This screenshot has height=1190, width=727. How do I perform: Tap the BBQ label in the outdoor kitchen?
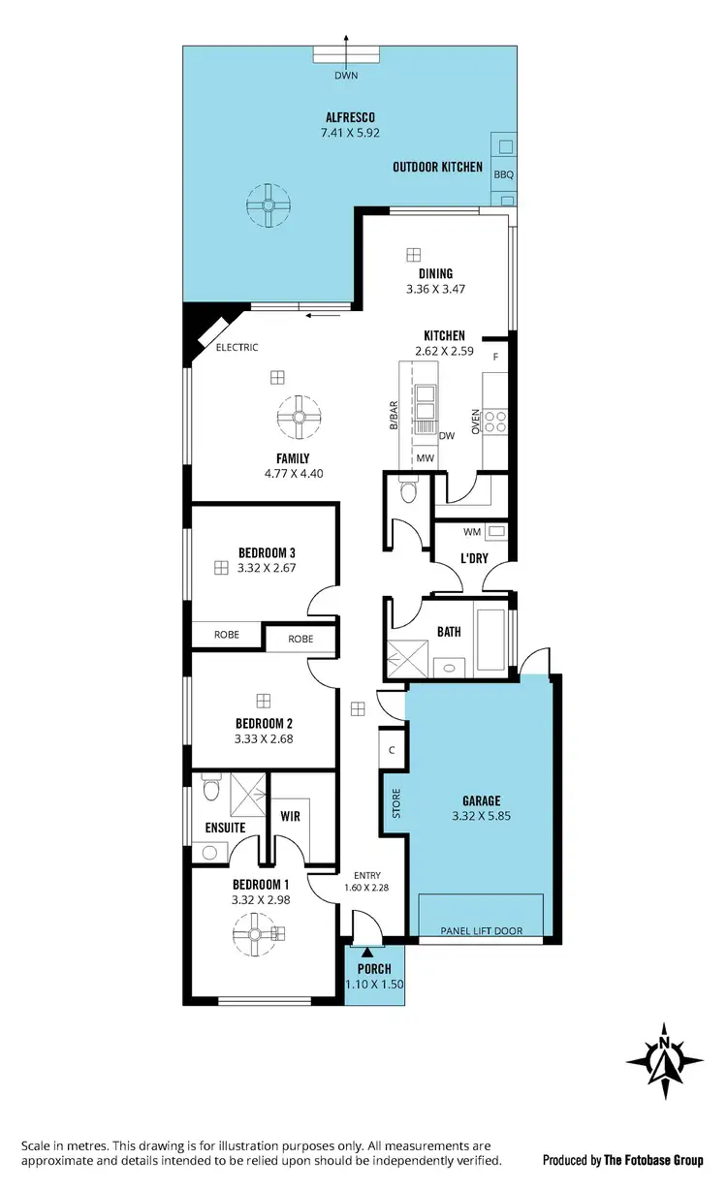tap(503, 175)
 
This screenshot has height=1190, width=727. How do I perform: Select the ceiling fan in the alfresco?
tap(268, 205)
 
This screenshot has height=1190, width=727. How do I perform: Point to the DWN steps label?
tap(346, 75)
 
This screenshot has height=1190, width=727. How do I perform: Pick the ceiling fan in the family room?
tap(299, 417)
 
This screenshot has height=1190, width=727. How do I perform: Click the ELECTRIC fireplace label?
tap(237, 347)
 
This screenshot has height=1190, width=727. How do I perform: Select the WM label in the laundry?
tap(472, 531)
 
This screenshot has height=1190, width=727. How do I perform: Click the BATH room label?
tap(449, 632)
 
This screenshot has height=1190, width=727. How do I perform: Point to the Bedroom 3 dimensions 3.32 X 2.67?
tap(267, 569)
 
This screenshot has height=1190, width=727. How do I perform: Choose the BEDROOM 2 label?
tap(264, 723)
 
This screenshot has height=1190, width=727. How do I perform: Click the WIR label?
tap(290, 817)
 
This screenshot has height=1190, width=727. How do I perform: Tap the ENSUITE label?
tap(225, 828)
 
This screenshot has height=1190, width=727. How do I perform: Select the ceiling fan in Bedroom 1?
tap(257, 934)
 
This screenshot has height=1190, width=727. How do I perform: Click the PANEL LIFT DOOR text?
tap(482, 931)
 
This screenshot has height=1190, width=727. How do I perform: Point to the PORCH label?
tap(374, 969)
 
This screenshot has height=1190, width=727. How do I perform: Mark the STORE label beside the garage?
tap(395, 804)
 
